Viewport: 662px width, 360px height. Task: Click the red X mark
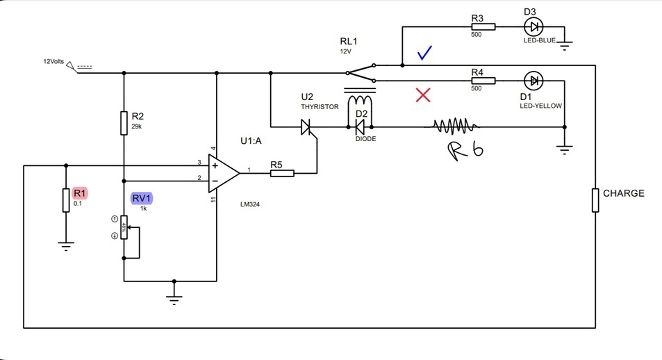point(422,95)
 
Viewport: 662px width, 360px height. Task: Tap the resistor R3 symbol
point(483,27)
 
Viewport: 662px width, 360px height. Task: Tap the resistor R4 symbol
point(483,81)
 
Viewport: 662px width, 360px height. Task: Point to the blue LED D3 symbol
point(533,27)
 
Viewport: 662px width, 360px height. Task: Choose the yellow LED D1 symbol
point(533,81)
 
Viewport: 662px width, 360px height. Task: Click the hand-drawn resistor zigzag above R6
point(456,126)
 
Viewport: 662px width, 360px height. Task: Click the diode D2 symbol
point(360,127)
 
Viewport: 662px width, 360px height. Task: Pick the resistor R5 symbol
point(281,172)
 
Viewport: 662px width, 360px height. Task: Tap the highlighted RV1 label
point(142,199)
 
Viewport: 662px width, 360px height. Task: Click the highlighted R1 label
point(79,193)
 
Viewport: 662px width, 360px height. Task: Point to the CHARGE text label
point(623,193)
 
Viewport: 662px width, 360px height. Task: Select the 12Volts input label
point(53,62)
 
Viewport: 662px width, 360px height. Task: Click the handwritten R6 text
point(466,151)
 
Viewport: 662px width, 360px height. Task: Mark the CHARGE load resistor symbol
point(595,199)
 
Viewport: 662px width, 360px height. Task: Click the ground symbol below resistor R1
point(66,244)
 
